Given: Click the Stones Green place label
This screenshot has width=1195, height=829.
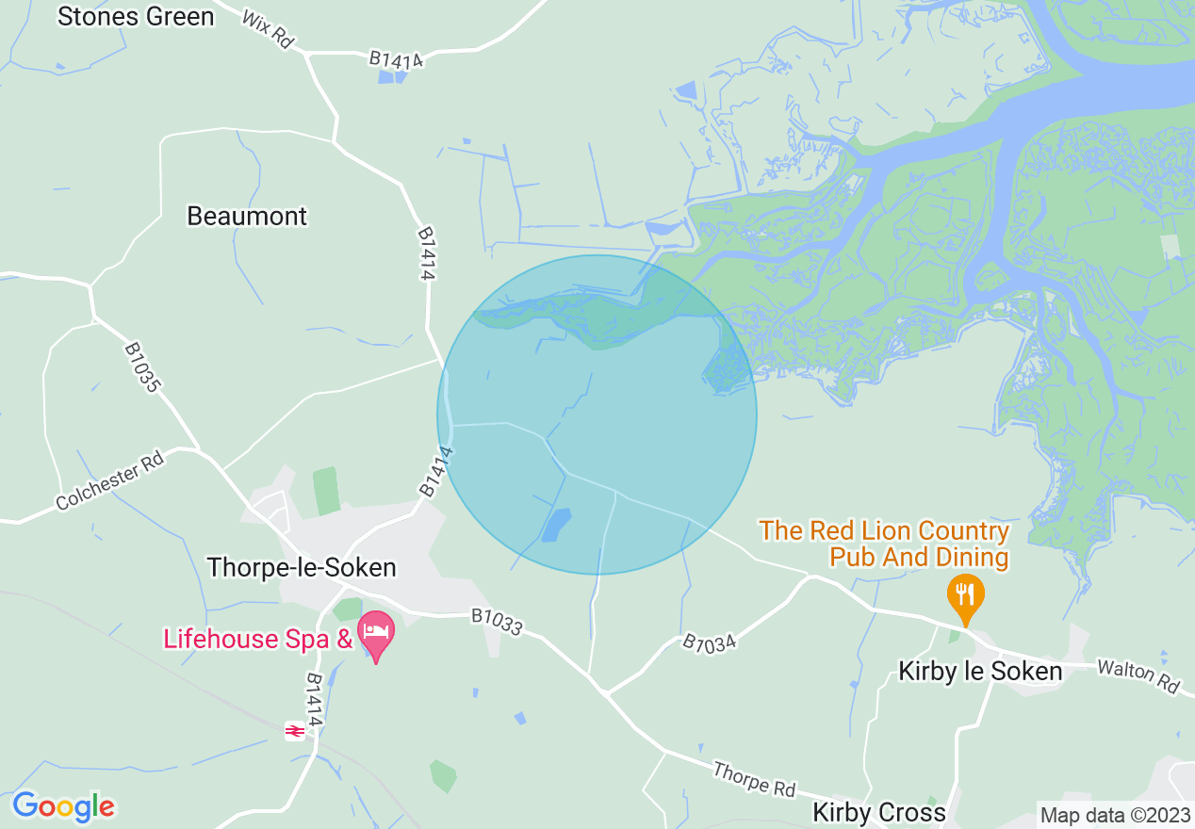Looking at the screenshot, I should pos(136,16).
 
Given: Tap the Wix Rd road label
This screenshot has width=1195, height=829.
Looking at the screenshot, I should pos(268,31).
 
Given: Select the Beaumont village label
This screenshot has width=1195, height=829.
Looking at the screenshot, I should pos(247,216).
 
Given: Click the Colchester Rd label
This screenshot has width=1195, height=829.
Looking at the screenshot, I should pos(110,480).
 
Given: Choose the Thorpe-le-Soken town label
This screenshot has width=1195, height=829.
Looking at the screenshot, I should pos(302,567).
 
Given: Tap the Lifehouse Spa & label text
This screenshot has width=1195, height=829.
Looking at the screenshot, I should pos(257,639).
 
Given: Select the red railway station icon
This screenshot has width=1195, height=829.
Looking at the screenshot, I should pos(295,730).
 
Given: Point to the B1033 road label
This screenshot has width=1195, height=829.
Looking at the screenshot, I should pos(497,623).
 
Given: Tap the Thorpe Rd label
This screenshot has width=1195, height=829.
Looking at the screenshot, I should pos(754,779).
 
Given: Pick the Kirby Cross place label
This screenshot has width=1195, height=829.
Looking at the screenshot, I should pos(879,812).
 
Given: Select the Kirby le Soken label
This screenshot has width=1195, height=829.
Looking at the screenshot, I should pos(980,672).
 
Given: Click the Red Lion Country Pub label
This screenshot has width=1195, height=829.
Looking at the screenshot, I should pos(884,544).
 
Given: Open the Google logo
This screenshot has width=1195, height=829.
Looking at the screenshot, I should pos(63,806).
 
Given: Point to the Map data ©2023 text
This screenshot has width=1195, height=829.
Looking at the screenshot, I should pos(1114,814).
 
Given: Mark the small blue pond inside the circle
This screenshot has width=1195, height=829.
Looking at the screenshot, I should pos(556,525).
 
